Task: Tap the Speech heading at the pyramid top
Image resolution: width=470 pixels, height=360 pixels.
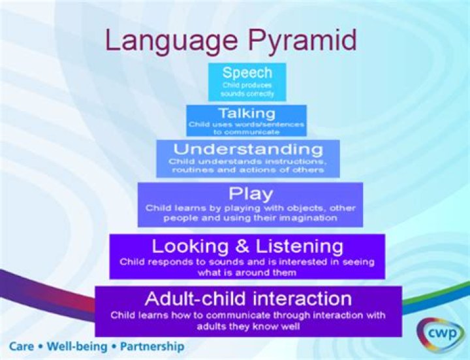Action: click(x=247, y=73)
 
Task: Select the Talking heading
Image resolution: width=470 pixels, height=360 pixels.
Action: click(x=246, y=114)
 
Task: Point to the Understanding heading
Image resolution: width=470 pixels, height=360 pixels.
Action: click(x=247, y=149)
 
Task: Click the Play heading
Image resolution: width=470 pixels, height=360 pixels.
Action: click(x=250, y=193)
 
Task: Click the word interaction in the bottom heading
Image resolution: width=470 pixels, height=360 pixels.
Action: click(x=301, y=299)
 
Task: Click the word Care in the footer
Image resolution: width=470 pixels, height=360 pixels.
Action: click(x=23, y=346)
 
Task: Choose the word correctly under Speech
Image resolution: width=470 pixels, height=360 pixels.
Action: click(x=260, y=94)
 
